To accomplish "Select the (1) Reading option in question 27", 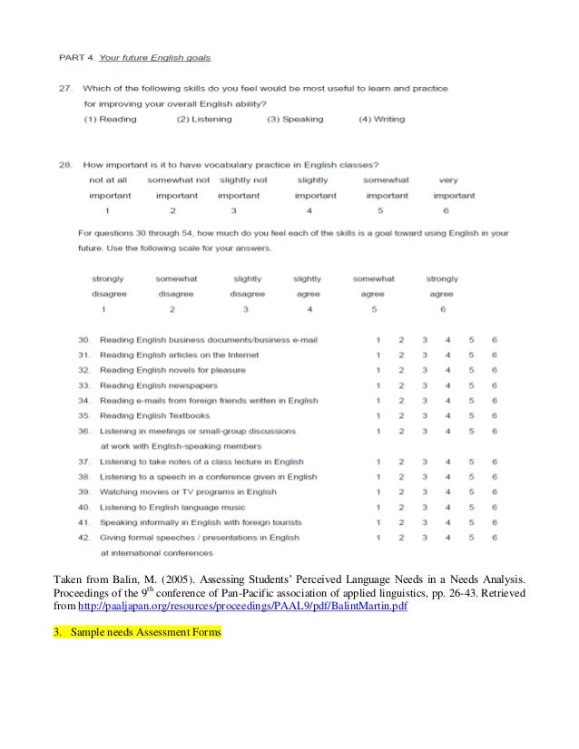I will coord(111,119).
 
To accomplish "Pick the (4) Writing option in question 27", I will coord(383,119).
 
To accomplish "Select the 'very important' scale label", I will coord(454,188).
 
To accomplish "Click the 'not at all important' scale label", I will coord(109,188).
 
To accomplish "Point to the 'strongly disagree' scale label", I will coord(109,287).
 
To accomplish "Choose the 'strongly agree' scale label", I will coord(442,287).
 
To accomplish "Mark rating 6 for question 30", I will coord(495,340).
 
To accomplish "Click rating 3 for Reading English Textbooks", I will coord(424,415).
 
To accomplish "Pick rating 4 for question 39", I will coord(447,491).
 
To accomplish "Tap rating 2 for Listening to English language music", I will coord(401,507).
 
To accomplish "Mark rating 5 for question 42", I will coord(471,537).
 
